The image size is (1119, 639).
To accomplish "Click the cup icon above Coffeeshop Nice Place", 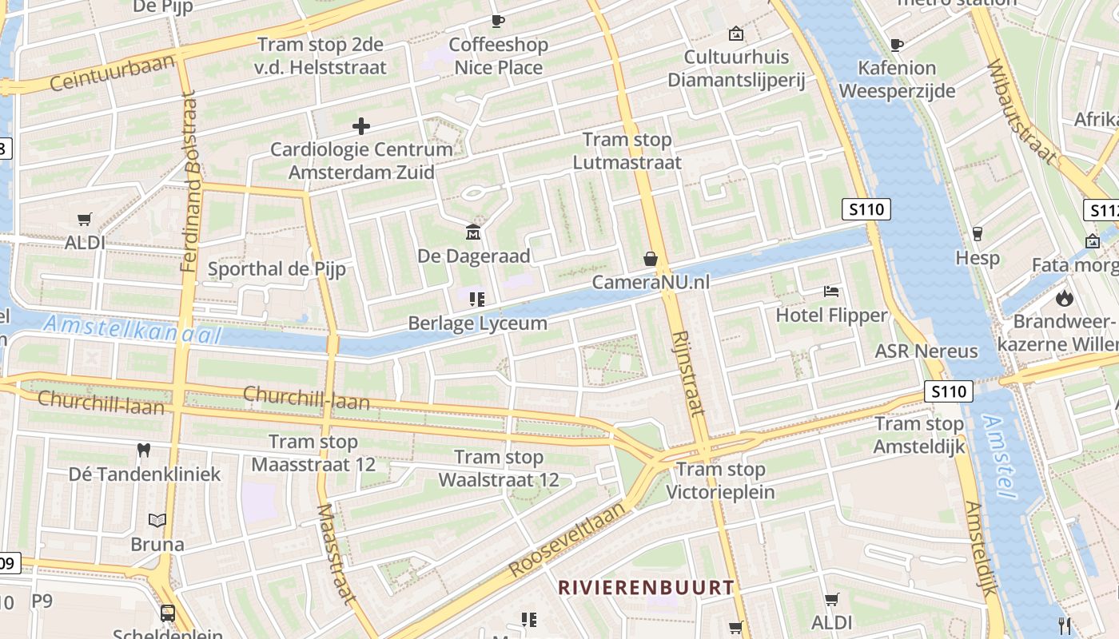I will click(x=498, y=21).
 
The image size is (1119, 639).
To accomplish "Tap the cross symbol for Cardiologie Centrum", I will click(x=361, y=125).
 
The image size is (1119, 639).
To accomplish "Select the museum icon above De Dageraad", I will click(x=473, y=232).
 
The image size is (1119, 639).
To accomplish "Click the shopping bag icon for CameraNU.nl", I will click(x=651, y=259).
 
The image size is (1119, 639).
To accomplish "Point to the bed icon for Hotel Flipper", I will click(x=831, y=292).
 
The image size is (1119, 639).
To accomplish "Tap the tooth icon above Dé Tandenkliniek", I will click(x=144, y=450).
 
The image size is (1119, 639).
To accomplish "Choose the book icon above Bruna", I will click(x=157, y=521).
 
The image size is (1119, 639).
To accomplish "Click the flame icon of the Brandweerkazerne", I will click(x=1064, y=298).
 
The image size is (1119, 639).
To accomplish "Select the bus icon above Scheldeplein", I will click(x=168, y=613).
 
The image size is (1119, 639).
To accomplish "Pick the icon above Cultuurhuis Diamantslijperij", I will click(x=735, y=34).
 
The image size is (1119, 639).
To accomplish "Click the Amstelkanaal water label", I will click(x=132, y=329).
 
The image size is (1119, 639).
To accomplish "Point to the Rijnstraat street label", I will click(x=688, y=372).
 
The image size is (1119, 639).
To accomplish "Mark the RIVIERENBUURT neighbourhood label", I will click(x=646, y=588).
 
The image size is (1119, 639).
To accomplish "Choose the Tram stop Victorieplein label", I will click(x=721, y=480).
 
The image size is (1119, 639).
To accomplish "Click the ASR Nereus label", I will click(x=926, y=351).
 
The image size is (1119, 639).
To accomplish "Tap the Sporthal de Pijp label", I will click(x=277, y=268).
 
